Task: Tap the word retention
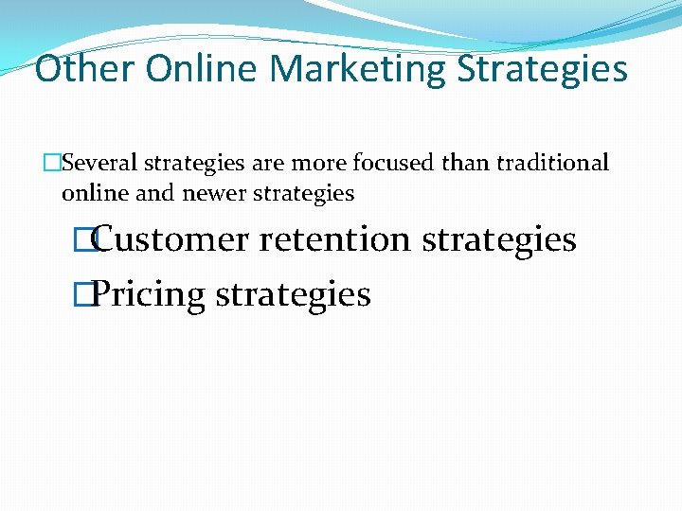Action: (335, 239)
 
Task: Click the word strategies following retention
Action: (499, 239)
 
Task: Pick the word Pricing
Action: (150, 295)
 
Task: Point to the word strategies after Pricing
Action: (294, 295)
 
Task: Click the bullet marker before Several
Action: (54, 164)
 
